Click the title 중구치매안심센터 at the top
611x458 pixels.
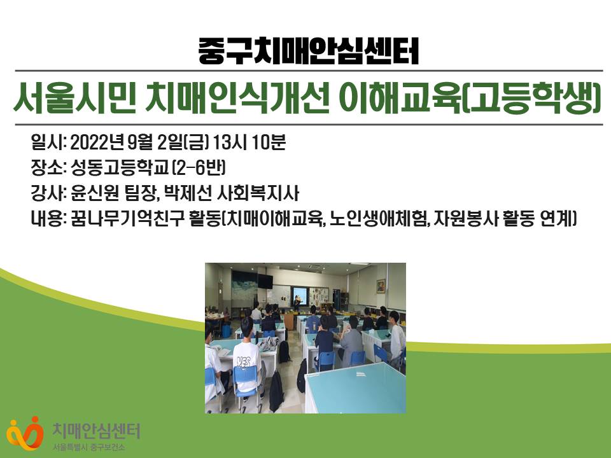308,51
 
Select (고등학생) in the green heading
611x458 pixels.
534,98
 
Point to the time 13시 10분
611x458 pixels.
249,142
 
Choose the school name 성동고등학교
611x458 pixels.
120,168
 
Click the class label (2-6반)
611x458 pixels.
199,168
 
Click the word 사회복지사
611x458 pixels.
258,193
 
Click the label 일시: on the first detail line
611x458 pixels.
49,142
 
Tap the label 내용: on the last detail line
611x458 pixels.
49,219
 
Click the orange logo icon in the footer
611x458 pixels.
24,433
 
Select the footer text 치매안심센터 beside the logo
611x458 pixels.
96,431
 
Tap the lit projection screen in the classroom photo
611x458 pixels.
300,296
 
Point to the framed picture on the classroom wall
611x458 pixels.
381,286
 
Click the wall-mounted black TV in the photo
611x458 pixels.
265,281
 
